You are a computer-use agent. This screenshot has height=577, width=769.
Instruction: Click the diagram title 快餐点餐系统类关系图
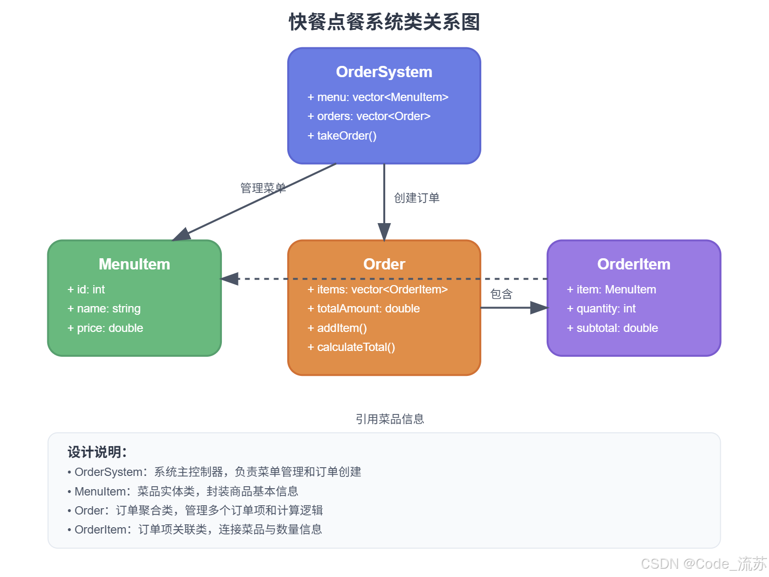click(384, 22)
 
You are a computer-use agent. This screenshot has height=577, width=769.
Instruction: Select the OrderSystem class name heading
click(384, 72)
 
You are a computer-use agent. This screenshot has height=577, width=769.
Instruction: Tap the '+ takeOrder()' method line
click(342, 136)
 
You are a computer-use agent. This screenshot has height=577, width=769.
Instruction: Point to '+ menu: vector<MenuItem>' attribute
click(378, 97)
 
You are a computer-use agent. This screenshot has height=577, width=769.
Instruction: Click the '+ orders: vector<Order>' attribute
click(369, 116)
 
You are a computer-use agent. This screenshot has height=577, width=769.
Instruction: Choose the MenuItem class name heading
click(134, 264)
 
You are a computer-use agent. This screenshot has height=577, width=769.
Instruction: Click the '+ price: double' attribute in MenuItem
click(105, 328)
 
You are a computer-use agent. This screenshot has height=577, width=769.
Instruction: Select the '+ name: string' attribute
click(104, 309)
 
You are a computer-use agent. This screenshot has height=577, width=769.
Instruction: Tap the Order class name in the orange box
click(384, 264)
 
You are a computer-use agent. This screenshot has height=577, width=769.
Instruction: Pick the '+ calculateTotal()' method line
click(351, 347)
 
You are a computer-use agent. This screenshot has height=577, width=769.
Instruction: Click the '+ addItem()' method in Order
click(337, 328)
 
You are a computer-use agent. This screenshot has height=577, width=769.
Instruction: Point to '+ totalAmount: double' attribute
click(364, 309)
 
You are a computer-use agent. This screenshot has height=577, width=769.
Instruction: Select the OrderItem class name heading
click(633, 264)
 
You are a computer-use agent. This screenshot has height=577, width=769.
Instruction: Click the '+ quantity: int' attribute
click(601, 309)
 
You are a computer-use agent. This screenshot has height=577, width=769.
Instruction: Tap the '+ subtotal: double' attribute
click(612, 328)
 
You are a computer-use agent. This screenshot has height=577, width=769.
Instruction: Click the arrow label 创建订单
click(416, 198)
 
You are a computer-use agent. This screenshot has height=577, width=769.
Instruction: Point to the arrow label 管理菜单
click(263, 188)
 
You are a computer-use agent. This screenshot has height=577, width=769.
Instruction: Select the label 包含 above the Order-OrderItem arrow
click(501, 294)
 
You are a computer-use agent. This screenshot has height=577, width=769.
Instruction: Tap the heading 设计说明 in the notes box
click(97, 452)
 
